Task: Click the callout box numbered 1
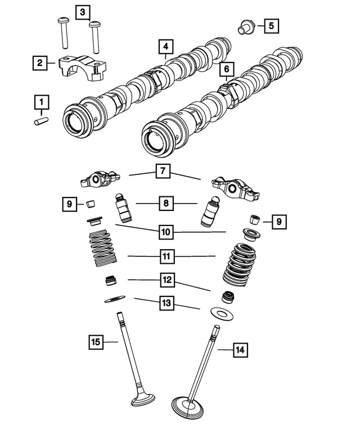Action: tap(41, 102)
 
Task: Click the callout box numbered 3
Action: tap(82, 12)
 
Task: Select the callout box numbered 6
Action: tap(226, 69)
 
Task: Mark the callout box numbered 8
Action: tap(165, 203)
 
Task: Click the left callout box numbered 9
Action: tap(69, 205)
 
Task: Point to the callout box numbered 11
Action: tap(166, 256)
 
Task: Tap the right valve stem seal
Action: tap(229, 296)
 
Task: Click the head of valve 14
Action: tap(189, 406)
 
